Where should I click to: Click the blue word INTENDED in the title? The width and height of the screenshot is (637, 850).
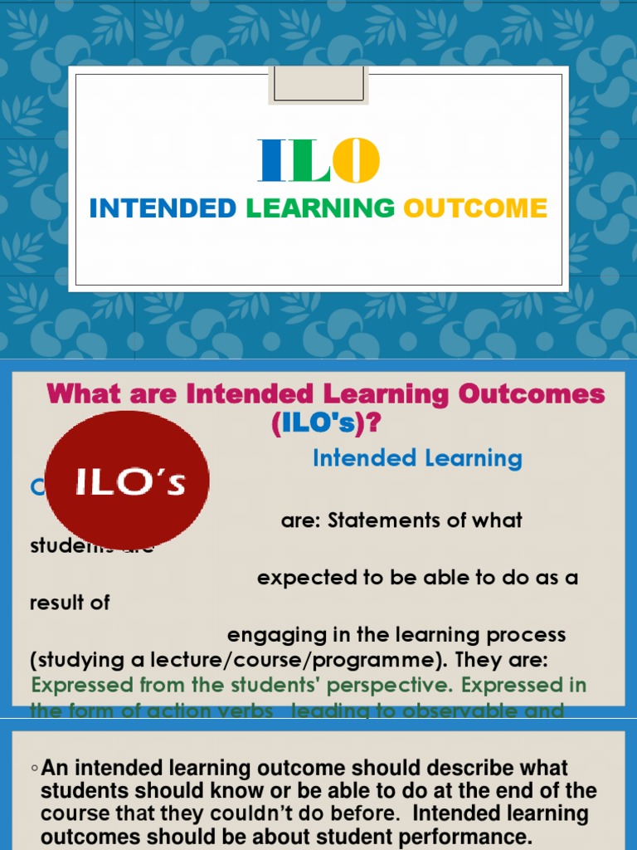pyautogui.click(x=163, y=208)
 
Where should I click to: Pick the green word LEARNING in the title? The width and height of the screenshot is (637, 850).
pyautogui.click(x=320, y=208)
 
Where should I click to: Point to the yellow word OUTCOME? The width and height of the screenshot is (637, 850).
pyautogui.click(x=475, y=208)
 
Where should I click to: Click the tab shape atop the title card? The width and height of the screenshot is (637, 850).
pyautogui.click(x=318, y=85)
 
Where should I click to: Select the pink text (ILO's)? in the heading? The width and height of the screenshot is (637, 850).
pyautogui.click(x=325, y=423)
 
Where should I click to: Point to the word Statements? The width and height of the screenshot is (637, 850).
pyautogui.click(x=387, y=520)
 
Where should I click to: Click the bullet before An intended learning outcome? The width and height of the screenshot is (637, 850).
pyautogui.click(x=35, y=768)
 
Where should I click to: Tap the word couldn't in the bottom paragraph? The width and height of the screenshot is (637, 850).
pyautogui.click(x=320, y=813)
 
